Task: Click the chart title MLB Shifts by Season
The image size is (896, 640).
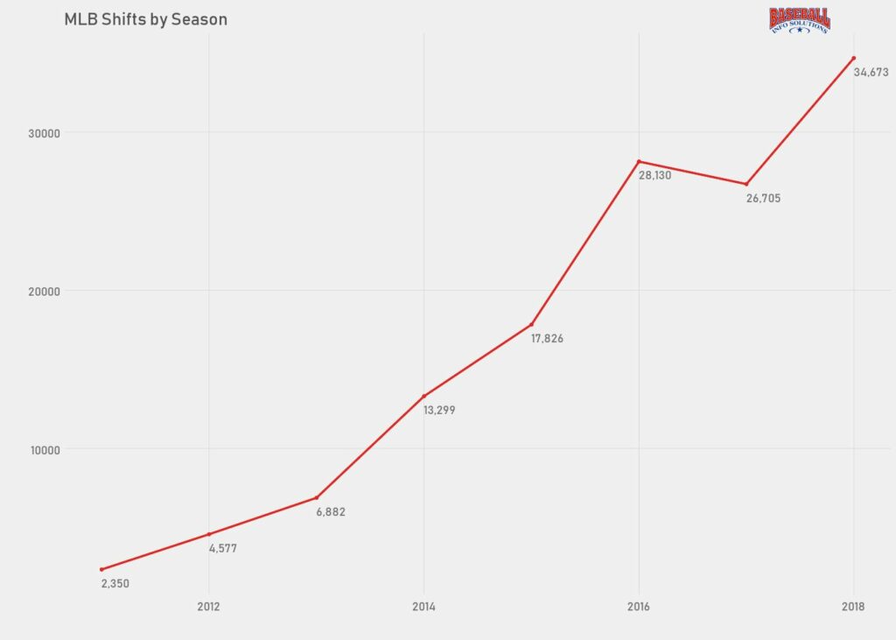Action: point(145,19)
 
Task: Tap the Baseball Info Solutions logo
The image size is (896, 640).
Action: point(800,20)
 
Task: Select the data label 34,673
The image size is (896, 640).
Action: point(871,73)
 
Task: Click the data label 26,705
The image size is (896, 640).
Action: point(763,199)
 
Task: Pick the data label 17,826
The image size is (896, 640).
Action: point(547,339)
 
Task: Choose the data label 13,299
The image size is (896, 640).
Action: point(439,410)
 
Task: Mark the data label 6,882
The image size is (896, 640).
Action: point(331,512)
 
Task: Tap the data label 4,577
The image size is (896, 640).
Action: point(223,549)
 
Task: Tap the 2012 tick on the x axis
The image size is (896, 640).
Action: point(208,606)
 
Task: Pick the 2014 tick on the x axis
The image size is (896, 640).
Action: point(423,606)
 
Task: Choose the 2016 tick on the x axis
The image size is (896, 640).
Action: point(639,606)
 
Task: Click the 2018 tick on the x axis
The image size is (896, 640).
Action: point(854,606)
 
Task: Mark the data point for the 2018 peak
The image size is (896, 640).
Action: point(853,59)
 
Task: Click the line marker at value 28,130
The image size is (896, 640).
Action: point(639,161)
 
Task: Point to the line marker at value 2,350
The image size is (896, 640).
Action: point(101,569)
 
